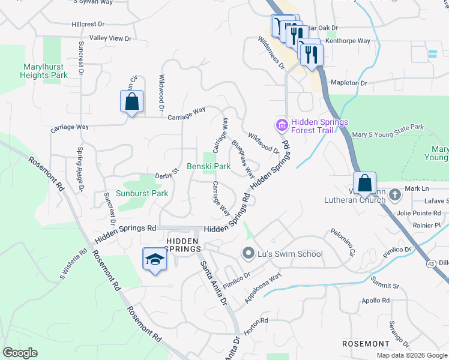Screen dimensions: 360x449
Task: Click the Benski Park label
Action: point(208,166)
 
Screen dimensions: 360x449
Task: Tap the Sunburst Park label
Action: point(142,194)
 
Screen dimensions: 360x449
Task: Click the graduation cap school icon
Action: point(155,260)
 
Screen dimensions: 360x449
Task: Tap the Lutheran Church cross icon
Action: point(395,194)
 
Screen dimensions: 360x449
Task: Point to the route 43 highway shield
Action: point(431,264)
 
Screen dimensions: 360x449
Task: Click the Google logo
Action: point(20,353)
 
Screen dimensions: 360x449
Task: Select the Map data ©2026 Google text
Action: point(412,355)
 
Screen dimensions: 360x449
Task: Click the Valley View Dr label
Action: point(110,38)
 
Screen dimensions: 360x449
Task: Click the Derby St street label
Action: point(167,173)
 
